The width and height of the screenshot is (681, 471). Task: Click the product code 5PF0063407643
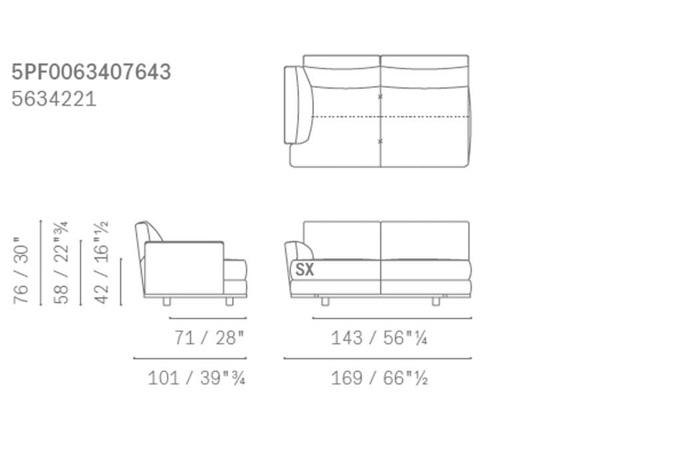[x=91, y=72]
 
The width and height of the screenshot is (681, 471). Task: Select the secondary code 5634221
[x=54, y=99]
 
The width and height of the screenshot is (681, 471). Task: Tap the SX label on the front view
[x=305, y=269]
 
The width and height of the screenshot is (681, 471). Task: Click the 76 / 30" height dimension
[x=21, y=270]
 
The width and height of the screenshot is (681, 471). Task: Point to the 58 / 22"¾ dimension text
[x=61, y=263]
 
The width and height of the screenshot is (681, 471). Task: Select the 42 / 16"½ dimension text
[x=101, y=263]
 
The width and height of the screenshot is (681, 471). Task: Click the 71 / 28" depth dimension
[x=209, y=338]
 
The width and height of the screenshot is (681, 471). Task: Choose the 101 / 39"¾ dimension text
[x=197, y=378]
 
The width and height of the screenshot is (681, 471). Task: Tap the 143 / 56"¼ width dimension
[x=379, y=338]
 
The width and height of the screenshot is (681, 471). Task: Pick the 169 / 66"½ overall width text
[x=379, y=378]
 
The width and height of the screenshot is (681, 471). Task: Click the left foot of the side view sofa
[x=167, y=302]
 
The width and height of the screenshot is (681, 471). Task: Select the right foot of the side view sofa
[x=229, y=302]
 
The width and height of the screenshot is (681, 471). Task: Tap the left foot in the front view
[x=325, y=301]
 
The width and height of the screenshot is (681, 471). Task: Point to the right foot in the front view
[x=436, y=301]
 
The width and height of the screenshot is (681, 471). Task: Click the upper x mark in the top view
[x=380, y=97]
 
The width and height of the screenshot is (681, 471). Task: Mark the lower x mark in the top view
[x=380, y=141]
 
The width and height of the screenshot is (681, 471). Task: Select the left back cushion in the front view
[x=342, y=240]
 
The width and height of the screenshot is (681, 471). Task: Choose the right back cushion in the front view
[x=425, y=240]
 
